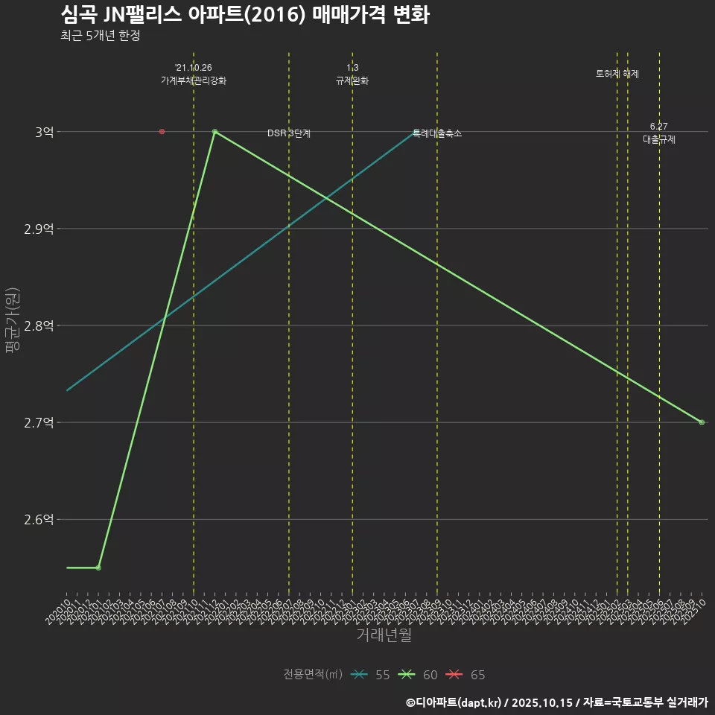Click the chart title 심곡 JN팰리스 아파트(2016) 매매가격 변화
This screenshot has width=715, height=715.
[244, 16]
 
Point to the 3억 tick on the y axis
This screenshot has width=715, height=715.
[44, 132]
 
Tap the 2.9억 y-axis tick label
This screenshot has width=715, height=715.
[39, 229]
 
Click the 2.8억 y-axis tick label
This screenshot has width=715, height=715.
[39, 325]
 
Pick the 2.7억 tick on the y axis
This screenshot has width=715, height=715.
[39, 422]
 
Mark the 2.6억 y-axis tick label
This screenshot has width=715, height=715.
[39, 519]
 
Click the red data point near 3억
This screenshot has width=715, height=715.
[162, 132]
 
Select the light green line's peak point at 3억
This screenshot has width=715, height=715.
[214, 132]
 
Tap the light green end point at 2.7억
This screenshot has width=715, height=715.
[702, 422]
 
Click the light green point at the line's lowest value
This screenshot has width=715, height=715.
[98, 568]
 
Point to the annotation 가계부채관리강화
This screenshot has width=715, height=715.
[194, 80]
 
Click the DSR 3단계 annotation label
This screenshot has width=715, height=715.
[289, 133]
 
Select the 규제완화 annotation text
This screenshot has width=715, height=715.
[352, 80]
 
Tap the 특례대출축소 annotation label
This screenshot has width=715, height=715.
[437, 133]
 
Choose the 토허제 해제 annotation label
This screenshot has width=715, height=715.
[617, 74]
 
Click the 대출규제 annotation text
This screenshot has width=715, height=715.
[659, 139]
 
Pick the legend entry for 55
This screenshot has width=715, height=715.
[371, 675]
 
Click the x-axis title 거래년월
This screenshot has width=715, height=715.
[384, 635]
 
